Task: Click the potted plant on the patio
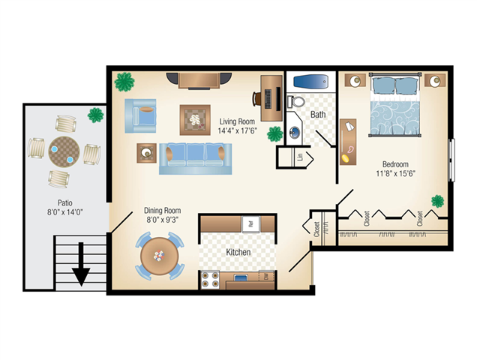point(96,115)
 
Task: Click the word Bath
point(319,115)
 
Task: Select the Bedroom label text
point(396,164)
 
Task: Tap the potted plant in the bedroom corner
point(436,200)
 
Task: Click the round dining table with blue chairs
point(160,256)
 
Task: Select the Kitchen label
point(238,253)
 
